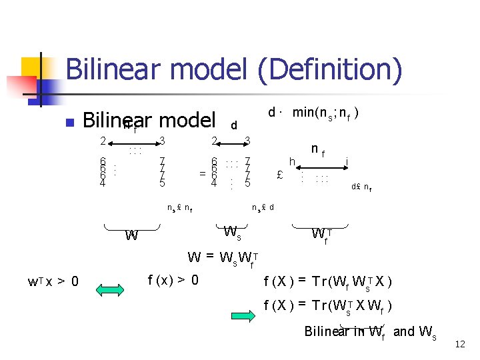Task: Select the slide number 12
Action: pos(459,345)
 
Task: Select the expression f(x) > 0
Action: pos(173,279)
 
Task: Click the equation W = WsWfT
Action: pos(223,257)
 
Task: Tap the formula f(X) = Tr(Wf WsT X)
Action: pos(328,281)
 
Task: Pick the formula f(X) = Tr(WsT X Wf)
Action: pos(328,307)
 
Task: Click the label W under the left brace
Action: pos(132,235)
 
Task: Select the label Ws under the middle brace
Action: pos(232,233)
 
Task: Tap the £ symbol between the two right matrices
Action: pos(280,175)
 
